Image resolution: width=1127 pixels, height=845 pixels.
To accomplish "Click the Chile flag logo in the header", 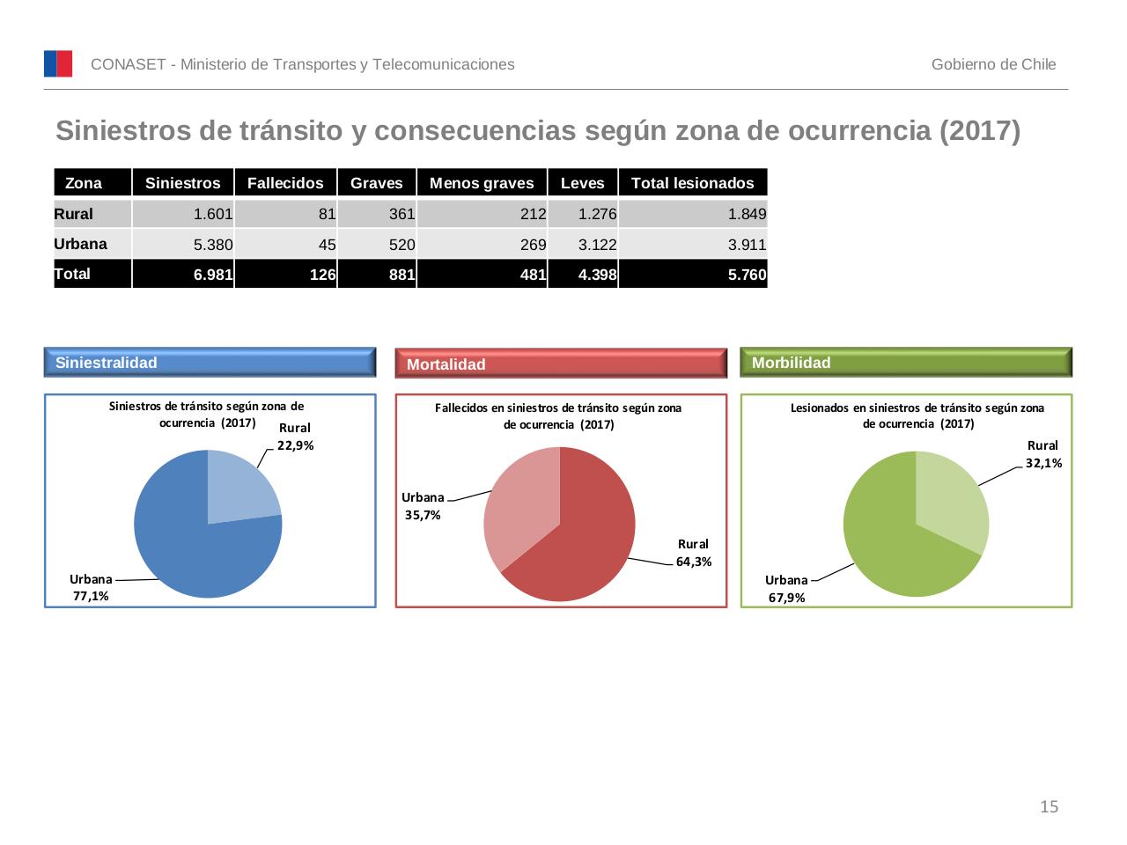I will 58,64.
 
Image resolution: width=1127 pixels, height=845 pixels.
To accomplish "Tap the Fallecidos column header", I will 285,183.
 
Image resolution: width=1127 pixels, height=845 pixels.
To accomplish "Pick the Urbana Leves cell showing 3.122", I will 597,245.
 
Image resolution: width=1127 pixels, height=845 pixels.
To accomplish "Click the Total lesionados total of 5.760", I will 747,275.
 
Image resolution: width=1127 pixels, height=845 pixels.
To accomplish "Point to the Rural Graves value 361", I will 401,214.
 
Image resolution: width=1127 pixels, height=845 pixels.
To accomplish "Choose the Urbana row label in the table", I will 80,244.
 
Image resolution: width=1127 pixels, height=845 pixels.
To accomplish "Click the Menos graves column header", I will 482,183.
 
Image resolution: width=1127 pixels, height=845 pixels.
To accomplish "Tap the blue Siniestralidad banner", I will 210,363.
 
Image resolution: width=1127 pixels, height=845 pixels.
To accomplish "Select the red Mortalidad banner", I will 561,364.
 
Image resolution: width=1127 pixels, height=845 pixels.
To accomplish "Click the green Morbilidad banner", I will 906,363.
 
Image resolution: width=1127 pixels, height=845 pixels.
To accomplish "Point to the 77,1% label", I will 91,596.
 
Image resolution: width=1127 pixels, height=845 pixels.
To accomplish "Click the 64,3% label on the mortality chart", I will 694,562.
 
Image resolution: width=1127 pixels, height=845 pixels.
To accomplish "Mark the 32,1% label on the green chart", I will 1043,463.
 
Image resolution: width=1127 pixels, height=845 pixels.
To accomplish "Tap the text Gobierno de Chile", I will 993,64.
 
